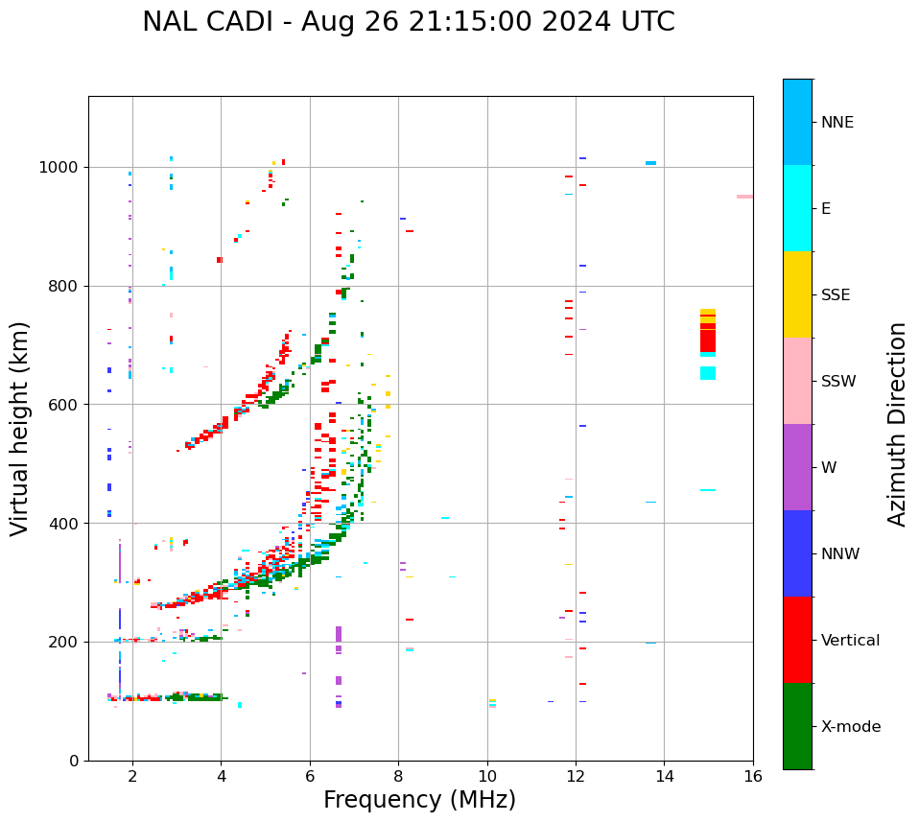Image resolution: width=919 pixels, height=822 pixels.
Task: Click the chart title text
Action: [x=409, y=22]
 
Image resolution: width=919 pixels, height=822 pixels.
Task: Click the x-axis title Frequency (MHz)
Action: [x=419, y=800]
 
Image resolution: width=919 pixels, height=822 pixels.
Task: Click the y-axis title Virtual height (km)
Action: [x=20, y=429]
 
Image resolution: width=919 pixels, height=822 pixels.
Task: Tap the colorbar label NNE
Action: [x=837, y=123]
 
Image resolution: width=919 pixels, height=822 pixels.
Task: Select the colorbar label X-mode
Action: [x=850, y=727]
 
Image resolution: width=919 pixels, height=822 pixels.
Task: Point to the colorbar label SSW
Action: [x=838, y=382]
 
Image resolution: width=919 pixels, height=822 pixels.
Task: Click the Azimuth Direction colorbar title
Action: [x=897, y=424]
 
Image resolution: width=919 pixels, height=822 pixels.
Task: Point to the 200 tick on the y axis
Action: [x=65, y=643]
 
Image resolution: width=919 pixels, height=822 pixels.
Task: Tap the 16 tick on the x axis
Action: [x=753, y=776]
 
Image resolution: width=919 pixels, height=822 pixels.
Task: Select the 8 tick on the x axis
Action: [x=398, y=776]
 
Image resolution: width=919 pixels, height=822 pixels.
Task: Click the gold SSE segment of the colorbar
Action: [x=797, y=294]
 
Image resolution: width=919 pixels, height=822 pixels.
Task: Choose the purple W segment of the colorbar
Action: [x=797, y=467]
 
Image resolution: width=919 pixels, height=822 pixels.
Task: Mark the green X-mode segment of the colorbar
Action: [x=797, y=726]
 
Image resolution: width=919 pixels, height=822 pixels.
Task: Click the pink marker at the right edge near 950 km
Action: [x=744, y=197]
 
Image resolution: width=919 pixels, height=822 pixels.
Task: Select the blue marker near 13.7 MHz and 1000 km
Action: [x=650, y=163]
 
